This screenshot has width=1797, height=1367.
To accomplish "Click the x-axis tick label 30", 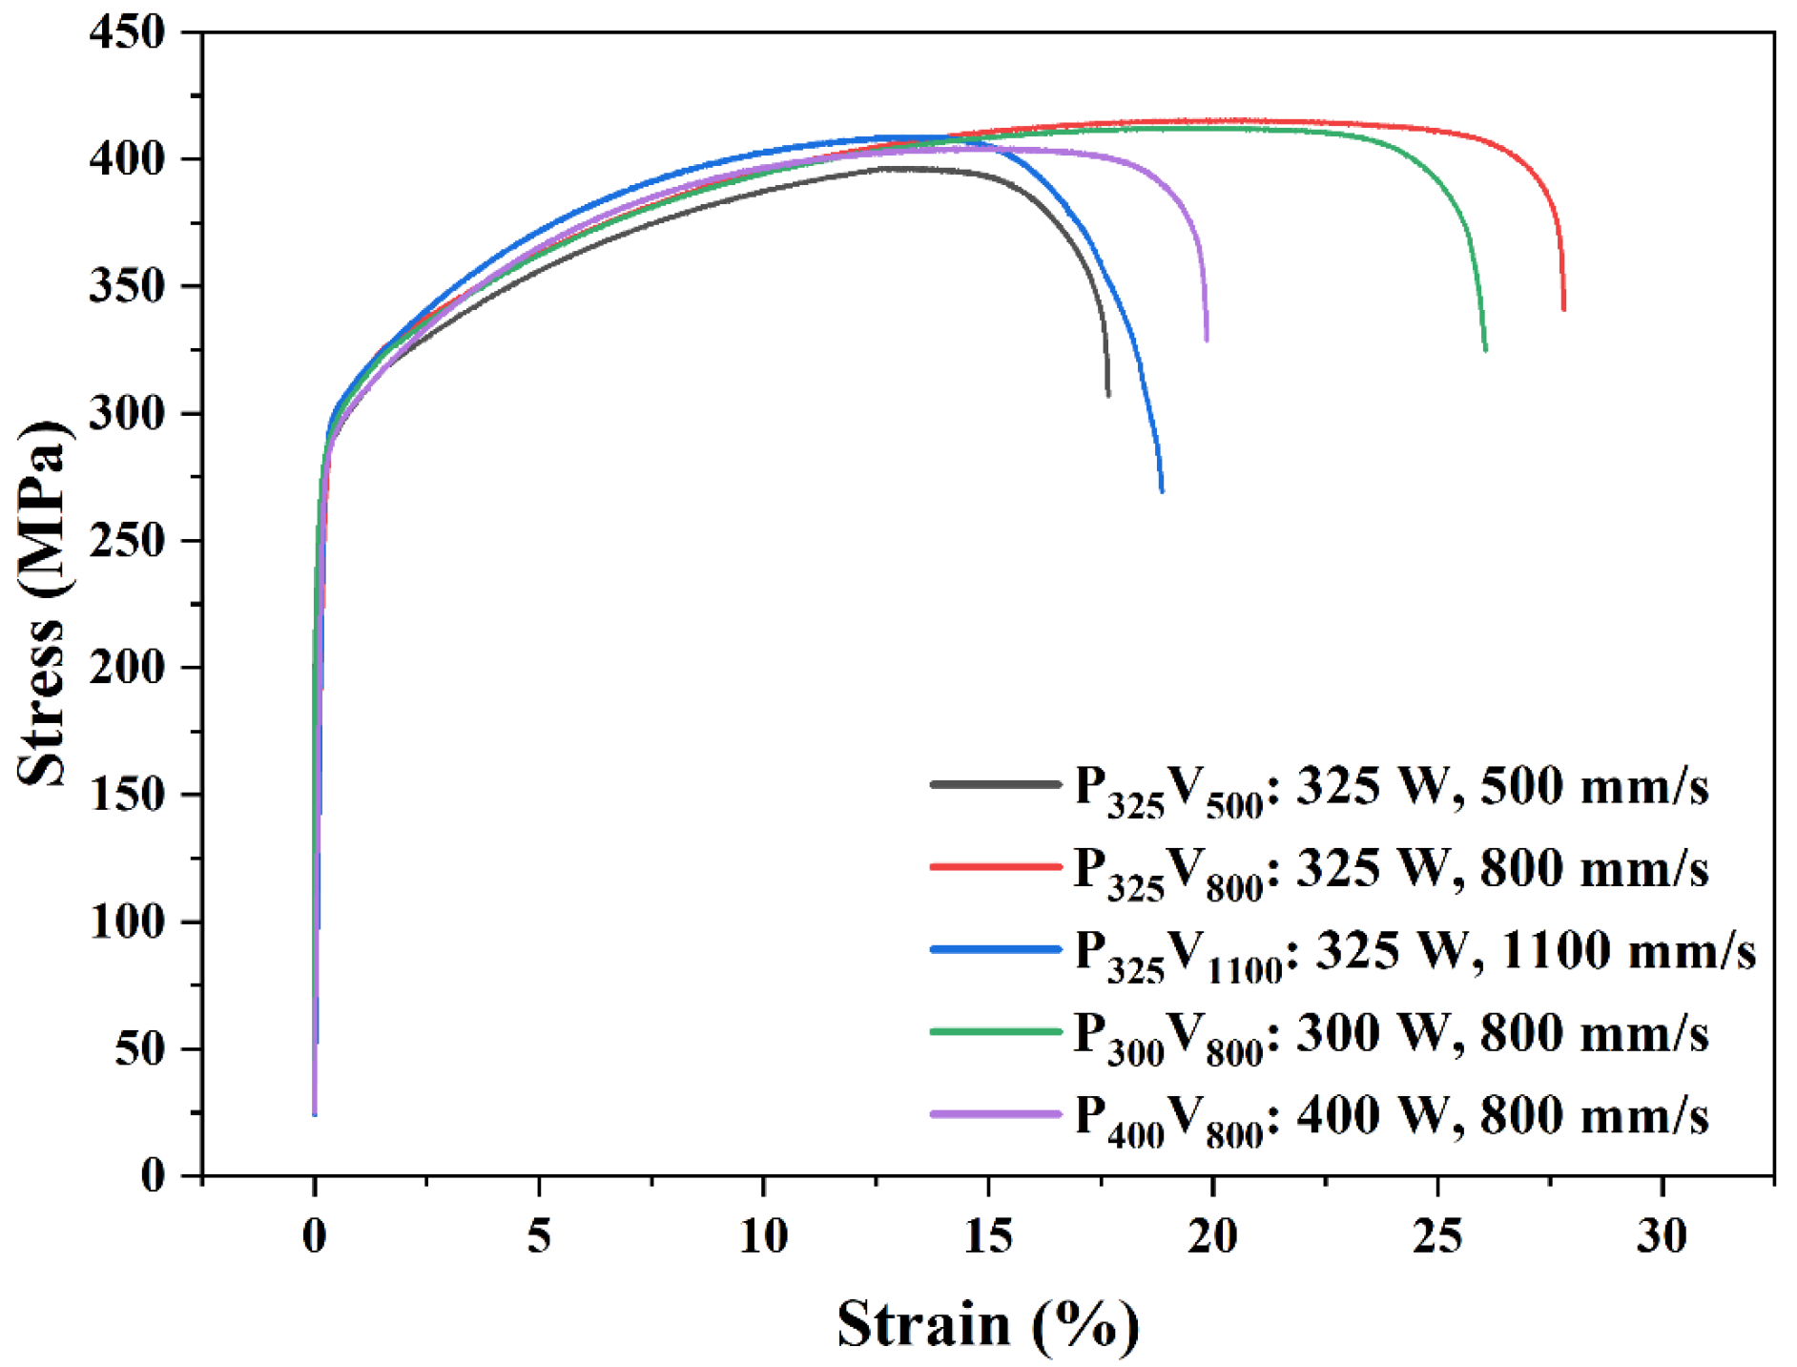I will click(1662, 1235).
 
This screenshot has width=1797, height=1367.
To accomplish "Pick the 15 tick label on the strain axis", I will click(988, 1235).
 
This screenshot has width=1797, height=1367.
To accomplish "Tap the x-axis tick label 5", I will click(539, 1235).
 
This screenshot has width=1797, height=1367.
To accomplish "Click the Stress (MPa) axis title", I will click(43, 603).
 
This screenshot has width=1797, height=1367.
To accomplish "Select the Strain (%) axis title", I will click(988, 1323).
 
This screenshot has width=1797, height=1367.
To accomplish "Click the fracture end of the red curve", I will click(1563, 309).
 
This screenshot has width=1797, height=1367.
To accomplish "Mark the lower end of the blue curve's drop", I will click(1162, 491).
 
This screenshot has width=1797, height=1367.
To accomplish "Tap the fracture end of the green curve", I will click(1485, 350).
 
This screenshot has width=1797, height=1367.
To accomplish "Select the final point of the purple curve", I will click(1207, 340).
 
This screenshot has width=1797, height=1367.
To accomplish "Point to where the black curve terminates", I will click(1108, 395).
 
